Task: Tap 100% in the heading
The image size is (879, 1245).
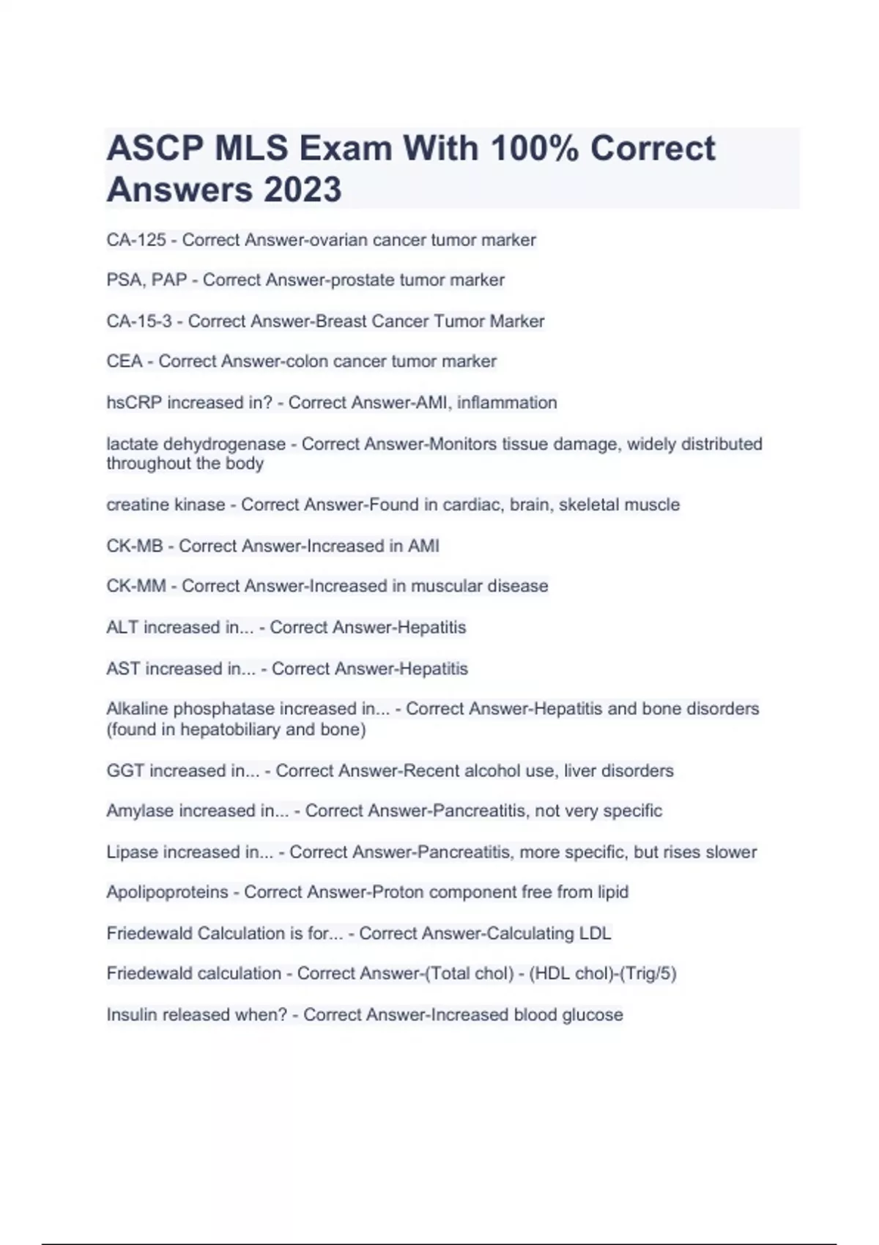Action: (534, 148)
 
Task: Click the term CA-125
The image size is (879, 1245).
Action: (136, 240)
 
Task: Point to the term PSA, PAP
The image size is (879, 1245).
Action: (146, 280)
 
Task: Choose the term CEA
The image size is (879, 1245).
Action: (125, 361)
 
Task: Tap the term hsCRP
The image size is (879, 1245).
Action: (134, 403)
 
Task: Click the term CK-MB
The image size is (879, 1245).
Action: (135, 546)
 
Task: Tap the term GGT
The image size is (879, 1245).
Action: (125, 770)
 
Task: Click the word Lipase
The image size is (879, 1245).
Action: (132, 852)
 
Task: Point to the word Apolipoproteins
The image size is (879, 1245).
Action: (167, 892)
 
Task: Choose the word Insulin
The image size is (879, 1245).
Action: (131, 1014)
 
